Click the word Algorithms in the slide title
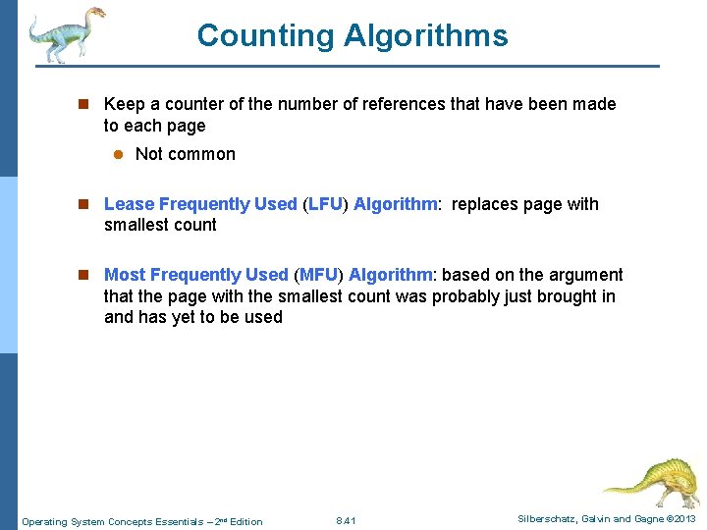(x=425, y=36)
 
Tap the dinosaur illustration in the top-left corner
(x=64, y=35)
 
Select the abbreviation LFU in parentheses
(x=325, y=204)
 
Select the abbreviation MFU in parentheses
(x=317, y=275)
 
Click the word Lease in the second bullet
(x=129, y=204)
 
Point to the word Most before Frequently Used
(x=125, y=275)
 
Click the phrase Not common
(x=186, y=154)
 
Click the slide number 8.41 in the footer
(x=346, y=520)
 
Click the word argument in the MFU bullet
(x=586, y=275)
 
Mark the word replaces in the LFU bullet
(x=485, y=204)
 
